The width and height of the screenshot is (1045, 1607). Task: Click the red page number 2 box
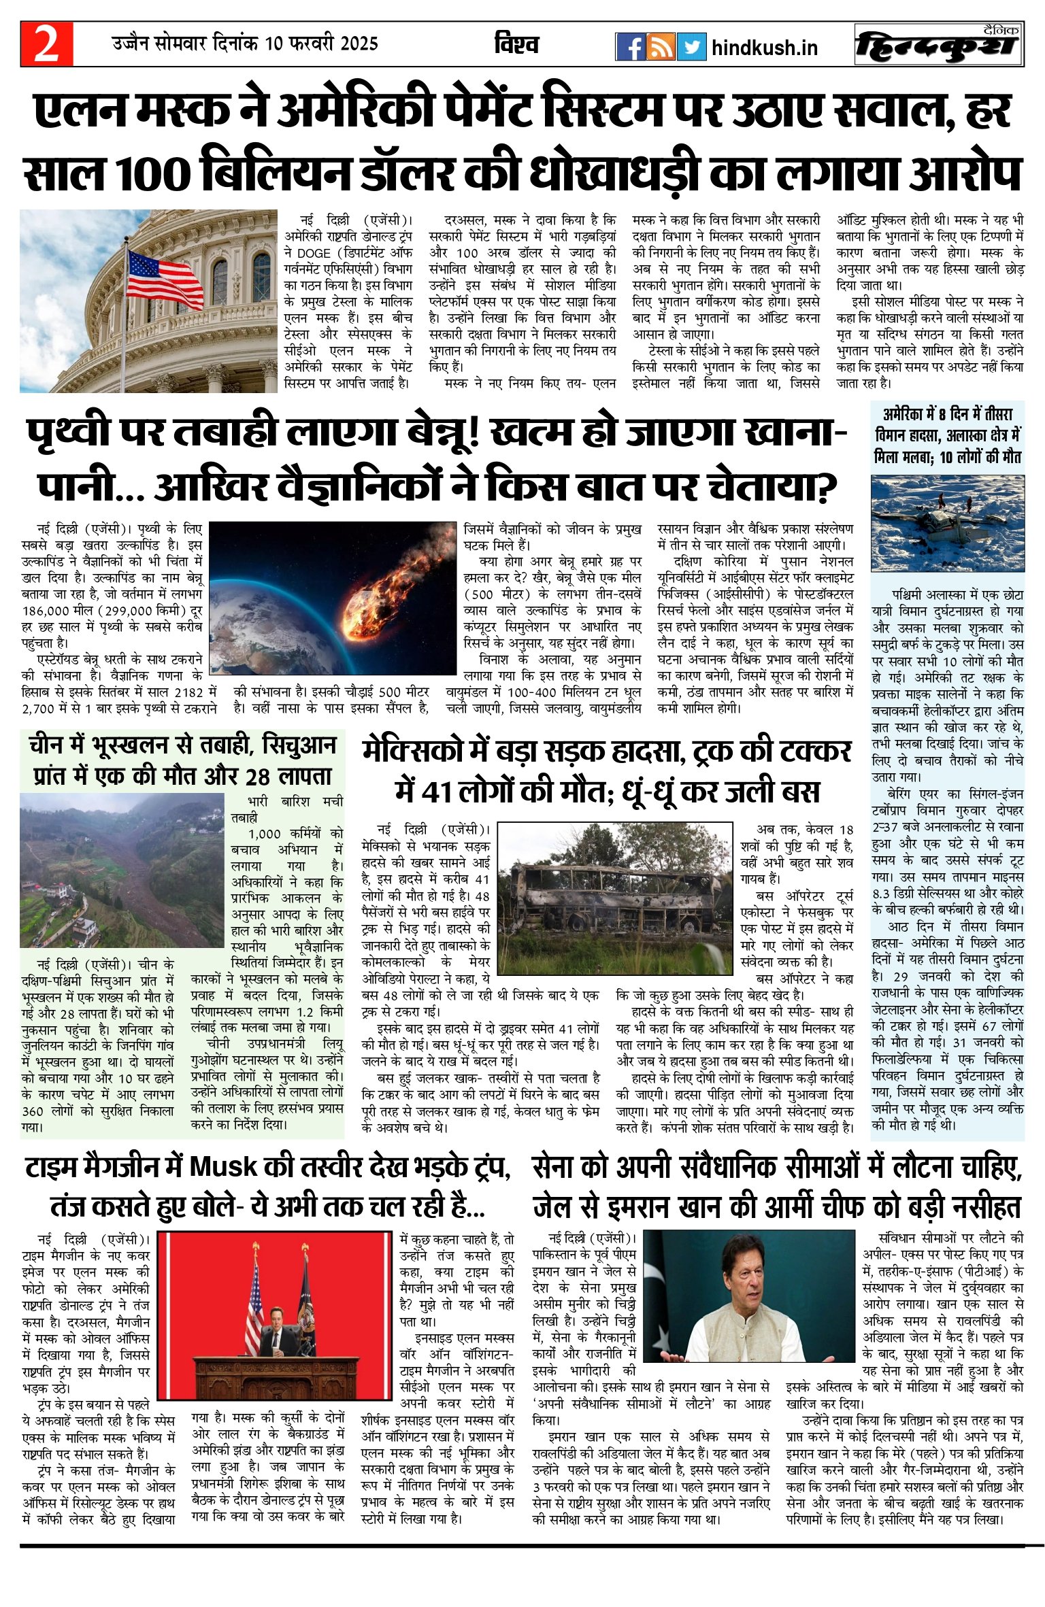click(46, 44)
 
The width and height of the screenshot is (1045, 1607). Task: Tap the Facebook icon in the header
click(630, 47)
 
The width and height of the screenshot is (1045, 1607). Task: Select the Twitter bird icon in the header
click(691, 47)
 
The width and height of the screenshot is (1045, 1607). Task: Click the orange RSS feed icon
click(661, 47)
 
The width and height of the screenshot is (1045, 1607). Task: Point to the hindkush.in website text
click(764, 48)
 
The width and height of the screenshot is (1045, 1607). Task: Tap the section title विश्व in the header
click(516, 45)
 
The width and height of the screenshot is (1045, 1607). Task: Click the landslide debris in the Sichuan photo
click(129, 877)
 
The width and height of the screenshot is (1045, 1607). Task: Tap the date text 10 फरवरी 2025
click(321, 44)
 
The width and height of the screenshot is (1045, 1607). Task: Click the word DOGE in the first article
click(314, 253)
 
